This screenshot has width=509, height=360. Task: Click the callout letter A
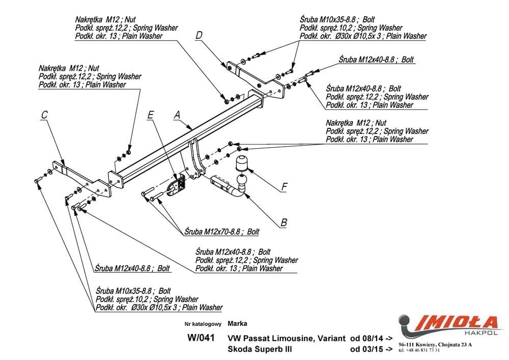pos(177,115)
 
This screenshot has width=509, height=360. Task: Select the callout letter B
pos(284,223)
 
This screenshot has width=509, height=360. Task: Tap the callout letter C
pos(44,116)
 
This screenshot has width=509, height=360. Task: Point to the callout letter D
pos(199,35)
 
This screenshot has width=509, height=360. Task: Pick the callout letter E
pos(150,115)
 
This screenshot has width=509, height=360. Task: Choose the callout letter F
pos(285,187)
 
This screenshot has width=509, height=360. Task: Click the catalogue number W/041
pos(201,338)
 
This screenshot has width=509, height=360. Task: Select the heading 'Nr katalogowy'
pos(203,324)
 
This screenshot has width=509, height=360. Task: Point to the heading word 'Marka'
pos(237,323)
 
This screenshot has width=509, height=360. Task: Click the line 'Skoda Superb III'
pos(260,349)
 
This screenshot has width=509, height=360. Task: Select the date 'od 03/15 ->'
pos(371,349)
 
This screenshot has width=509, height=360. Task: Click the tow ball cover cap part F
pos(241,164)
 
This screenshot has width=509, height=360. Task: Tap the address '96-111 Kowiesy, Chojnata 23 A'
pos(435,345)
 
